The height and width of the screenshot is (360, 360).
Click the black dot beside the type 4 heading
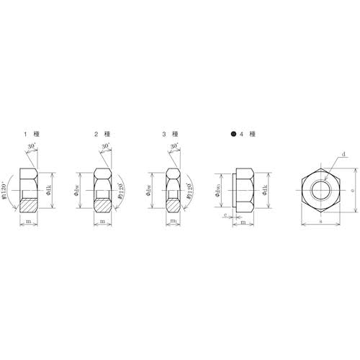(233, 135)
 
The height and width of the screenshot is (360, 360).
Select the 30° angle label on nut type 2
(106, 147)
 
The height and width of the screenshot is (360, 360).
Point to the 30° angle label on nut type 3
(174, 147)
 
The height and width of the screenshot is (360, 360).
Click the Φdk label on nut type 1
(48, 189)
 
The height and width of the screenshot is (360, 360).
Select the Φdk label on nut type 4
(266, 189)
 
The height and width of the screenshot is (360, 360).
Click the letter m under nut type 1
(29, 222)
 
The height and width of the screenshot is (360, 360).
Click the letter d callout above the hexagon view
(344, 154)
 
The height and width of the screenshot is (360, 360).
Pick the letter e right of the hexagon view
(351, 189)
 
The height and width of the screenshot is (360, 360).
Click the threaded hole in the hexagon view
(320, 189)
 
